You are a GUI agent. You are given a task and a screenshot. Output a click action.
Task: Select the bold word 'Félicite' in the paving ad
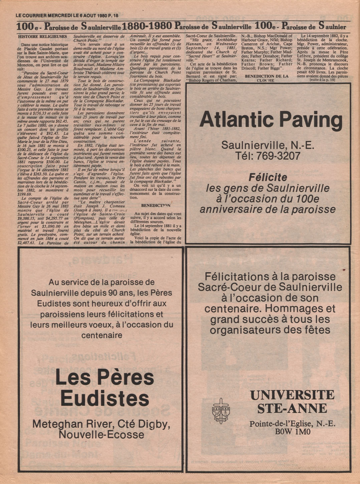268,177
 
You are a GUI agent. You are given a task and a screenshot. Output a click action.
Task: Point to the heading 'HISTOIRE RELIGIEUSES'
42,36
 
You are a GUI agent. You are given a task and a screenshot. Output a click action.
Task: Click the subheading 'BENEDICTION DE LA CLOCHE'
266,78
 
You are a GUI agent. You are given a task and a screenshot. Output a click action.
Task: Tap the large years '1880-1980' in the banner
147,26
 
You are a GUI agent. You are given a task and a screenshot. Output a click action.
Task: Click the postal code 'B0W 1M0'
293,432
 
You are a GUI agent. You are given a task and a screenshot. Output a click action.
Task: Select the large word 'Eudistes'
104,399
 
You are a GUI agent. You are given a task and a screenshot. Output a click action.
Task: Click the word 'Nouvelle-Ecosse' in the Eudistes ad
101,435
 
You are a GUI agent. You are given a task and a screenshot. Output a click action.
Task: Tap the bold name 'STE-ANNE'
292,408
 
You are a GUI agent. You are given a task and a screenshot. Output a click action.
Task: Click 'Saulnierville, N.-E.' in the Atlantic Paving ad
267,145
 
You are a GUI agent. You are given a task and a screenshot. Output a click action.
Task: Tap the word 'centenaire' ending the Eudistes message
102,335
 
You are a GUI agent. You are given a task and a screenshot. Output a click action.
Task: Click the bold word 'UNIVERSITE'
292,395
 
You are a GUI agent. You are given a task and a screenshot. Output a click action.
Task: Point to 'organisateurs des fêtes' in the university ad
270,330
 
